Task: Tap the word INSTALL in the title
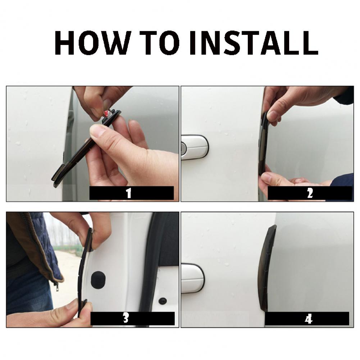[x=254, y=43]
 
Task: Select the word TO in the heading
[x=159, y=43]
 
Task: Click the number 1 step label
[x=129, y=193]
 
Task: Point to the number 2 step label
[x=310, y=193]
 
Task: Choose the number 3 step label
[x=126, y=318]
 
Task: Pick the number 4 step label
[x=309, y=319]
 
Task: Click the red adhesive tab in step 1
[x=106, y=113]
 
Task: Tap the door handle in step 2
[x=195, y=147]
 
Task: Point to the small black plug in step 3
[x=163, y=301]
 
